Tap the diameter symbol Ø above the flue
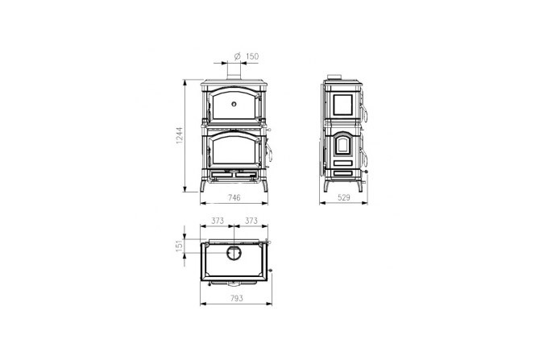click(238, 56)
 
